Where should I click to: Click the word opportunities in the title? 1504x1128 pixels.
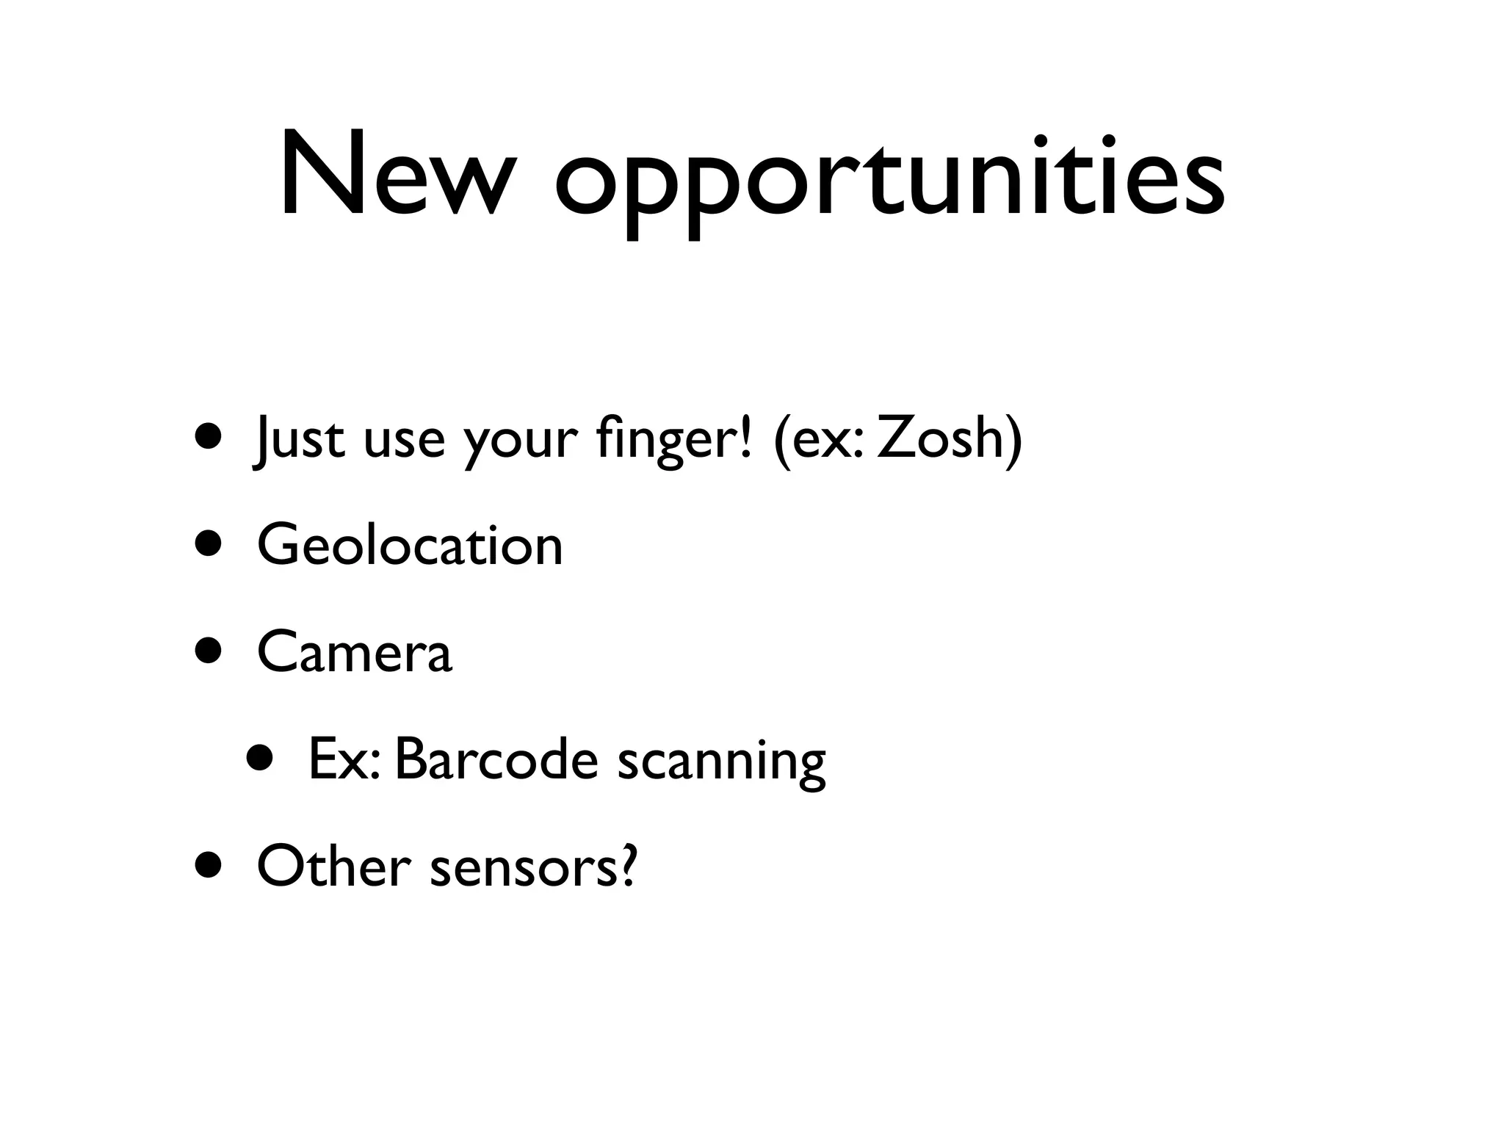889,180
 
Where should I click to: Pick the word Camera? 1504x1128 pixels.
355,652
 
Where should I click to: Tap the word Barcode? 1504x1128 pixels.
496,760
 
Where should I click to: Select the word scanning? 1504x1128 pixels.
721,764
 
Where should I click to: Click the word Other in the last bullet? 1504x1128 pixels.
333,867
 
